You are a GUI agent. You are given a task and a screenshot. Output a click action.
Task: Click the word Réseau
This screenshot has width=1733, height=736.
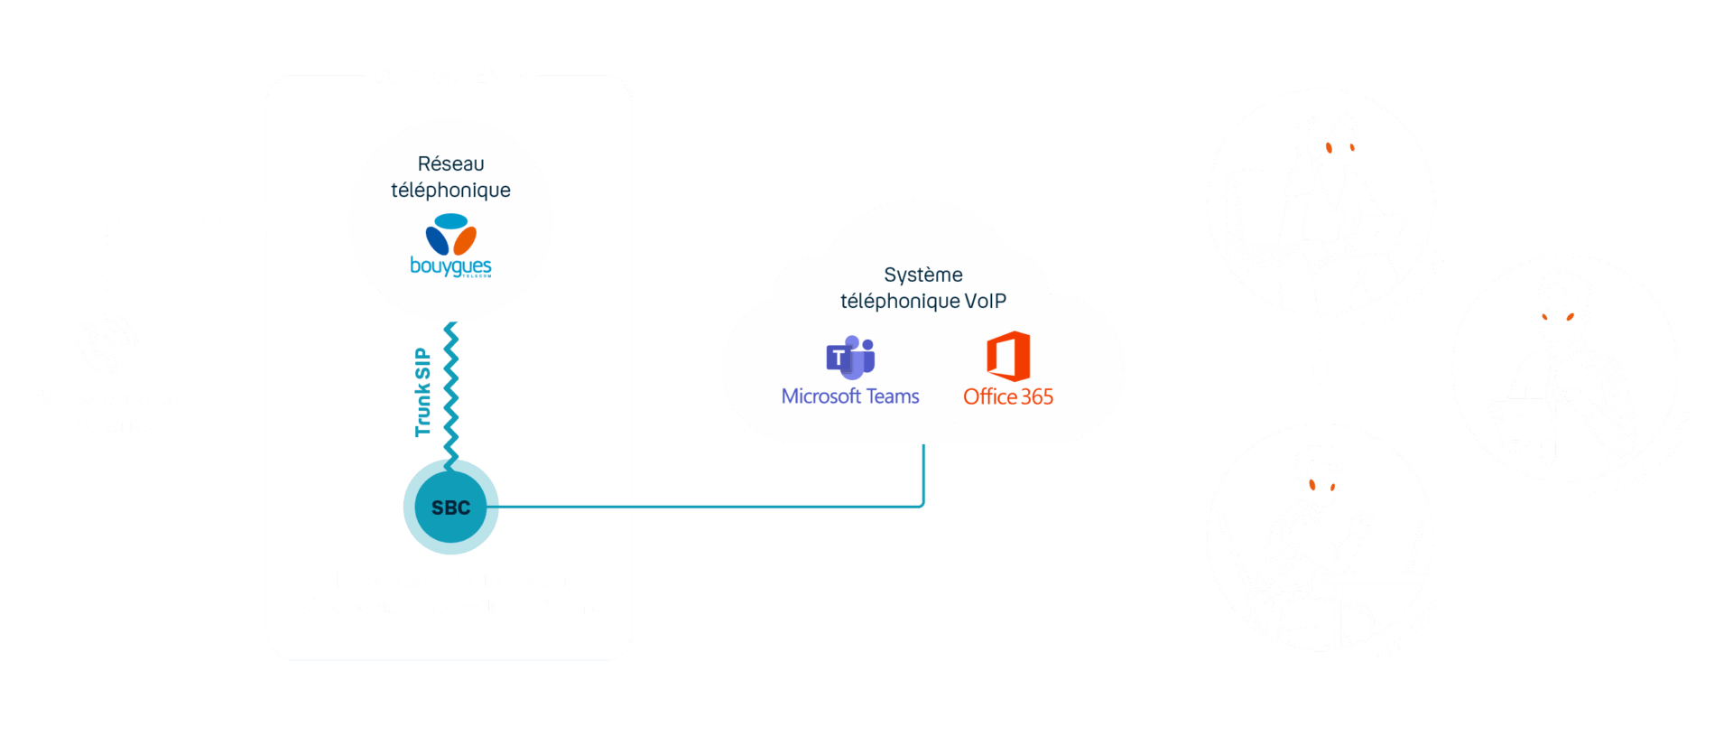(450, 163)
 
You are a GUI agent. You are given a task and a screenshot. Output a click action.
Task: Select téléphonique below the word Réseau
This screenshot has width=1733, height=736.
(450, 191)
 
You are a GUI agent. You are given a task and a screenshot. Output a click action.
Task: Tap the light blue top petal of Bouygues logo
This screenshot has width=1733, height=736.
(451, 221)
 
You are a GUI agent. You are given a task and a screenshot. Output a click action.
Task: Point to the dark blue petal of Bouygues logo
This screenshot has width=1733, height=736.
(437, 241)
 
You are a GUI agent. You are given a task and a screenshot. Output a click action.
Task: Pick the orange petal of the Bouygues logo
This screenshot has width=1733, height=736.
(465, 241)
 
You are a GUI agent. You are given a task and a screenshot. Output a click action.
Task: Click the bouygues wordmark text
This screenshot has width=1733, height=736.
(450, 266)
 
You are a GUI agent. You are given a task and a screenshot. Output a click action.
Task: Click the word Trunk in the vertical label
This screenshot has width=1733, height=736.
(422, 411)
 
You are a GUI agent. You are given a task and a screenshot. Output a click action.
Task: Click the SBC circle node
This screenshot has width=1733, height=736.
(450, 508)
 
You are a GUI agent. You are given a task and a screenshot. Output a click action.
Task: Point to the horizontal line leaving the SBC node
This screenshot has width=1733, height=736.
(711, 507)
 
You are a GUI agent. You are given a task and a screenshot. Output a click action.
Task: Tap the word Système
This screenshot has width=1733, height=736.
(923, 275)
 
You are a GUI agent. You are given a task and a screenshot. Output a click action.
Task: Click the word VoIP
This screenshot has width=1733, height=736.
(986, 301)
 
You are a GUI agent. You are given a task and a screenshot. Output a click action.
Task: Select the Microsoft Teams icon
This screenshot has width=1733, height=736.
(850, 358)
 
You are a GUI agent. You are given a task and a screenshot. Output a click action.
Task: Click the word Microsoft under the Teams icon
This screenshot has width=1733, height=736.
(821, 396)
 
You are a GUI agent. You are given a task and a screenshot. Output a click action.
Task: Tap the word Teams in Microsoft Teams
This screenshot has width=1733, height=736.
(893, 396)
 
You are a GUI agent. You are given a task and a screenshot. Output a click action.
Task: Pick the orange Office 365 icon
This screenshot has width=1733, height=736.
(1008, 356)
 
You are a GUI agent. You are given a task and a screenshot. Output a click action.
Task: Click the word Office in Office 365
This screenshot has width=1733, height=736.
(990, 396)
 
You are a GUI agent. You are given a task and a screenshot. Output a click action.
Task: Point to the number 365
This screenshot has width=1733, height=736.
(1037, 396)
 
